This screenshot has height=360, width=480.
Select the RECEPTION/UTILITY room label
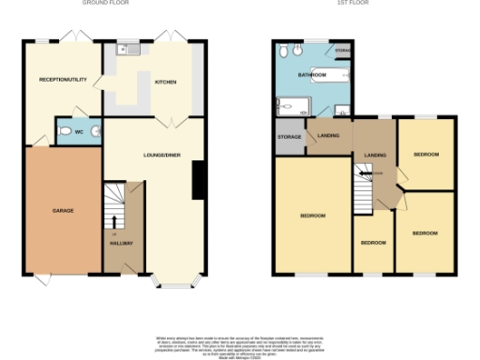click(63, 80)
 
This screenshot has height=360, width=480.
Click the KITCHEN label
click(165, 82)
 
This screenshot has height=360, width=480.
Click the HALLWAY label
click(121, 243)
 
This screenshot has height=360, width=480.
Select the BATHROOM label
click(312, 74)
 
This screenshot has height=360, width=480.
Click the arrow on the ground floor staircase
click(116, 222)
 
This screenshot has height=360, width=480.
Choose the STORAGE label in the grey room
click(289, 138)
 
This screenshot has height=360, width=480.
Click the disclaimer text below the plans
click(240, 344)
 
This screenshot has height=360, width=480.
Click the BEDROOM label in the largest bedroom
click(312, 216)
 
